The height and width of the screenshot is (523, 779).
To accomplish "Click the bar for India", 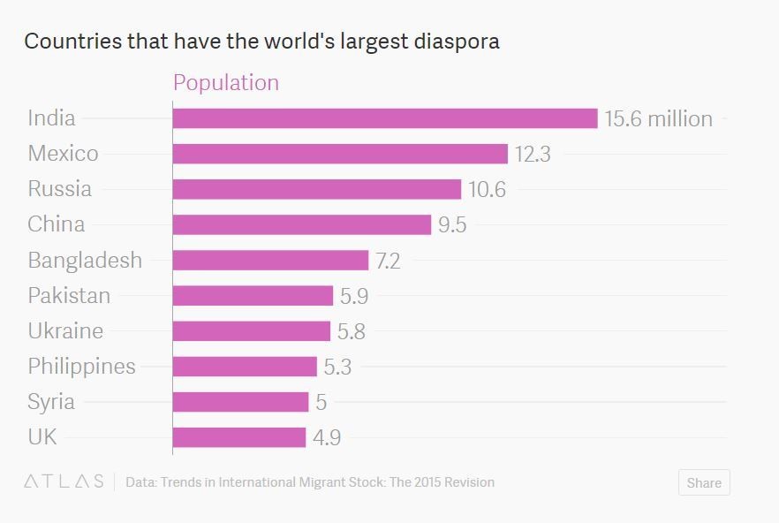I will click(385, 118).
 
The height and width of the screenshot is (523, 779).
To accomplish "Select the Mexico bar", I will click(340, 154).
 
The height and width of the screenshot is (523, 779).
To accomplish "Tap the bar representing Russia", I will click(317, 189).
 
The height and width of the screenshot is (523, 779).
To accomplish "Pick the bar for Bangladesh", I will click(270, 260).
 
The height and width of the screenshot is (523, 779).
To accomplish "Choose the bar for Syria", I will click(240, 402).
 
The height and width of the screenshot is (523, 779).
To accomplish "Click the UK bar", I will click(239, 437).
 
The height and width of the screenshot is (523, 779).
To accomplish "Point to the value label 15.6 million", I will click(658, 118).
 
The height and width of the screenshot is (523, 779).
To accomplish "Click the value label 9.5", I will click(452, 224).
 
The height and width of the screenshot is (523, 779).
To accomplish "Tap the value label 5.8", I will click(352, 331).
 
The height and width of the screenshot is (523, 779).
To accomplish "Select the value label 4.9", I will click(327, 437).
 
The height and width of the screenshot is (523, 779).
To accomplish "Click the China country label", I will click(57, 224).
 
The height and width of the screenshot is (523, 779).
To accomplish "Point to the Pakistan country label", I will click(69, 295).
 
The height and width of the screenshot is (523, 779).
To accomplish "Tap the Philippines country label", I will click(81, 367).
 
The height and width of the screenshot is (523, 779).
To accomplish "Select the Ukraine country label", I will click(65, 331).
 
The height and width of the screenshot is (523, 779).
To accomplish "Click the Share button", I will click(704, 482).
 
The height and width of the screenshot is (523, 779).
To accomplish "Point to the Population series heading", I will click(226, 82).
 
